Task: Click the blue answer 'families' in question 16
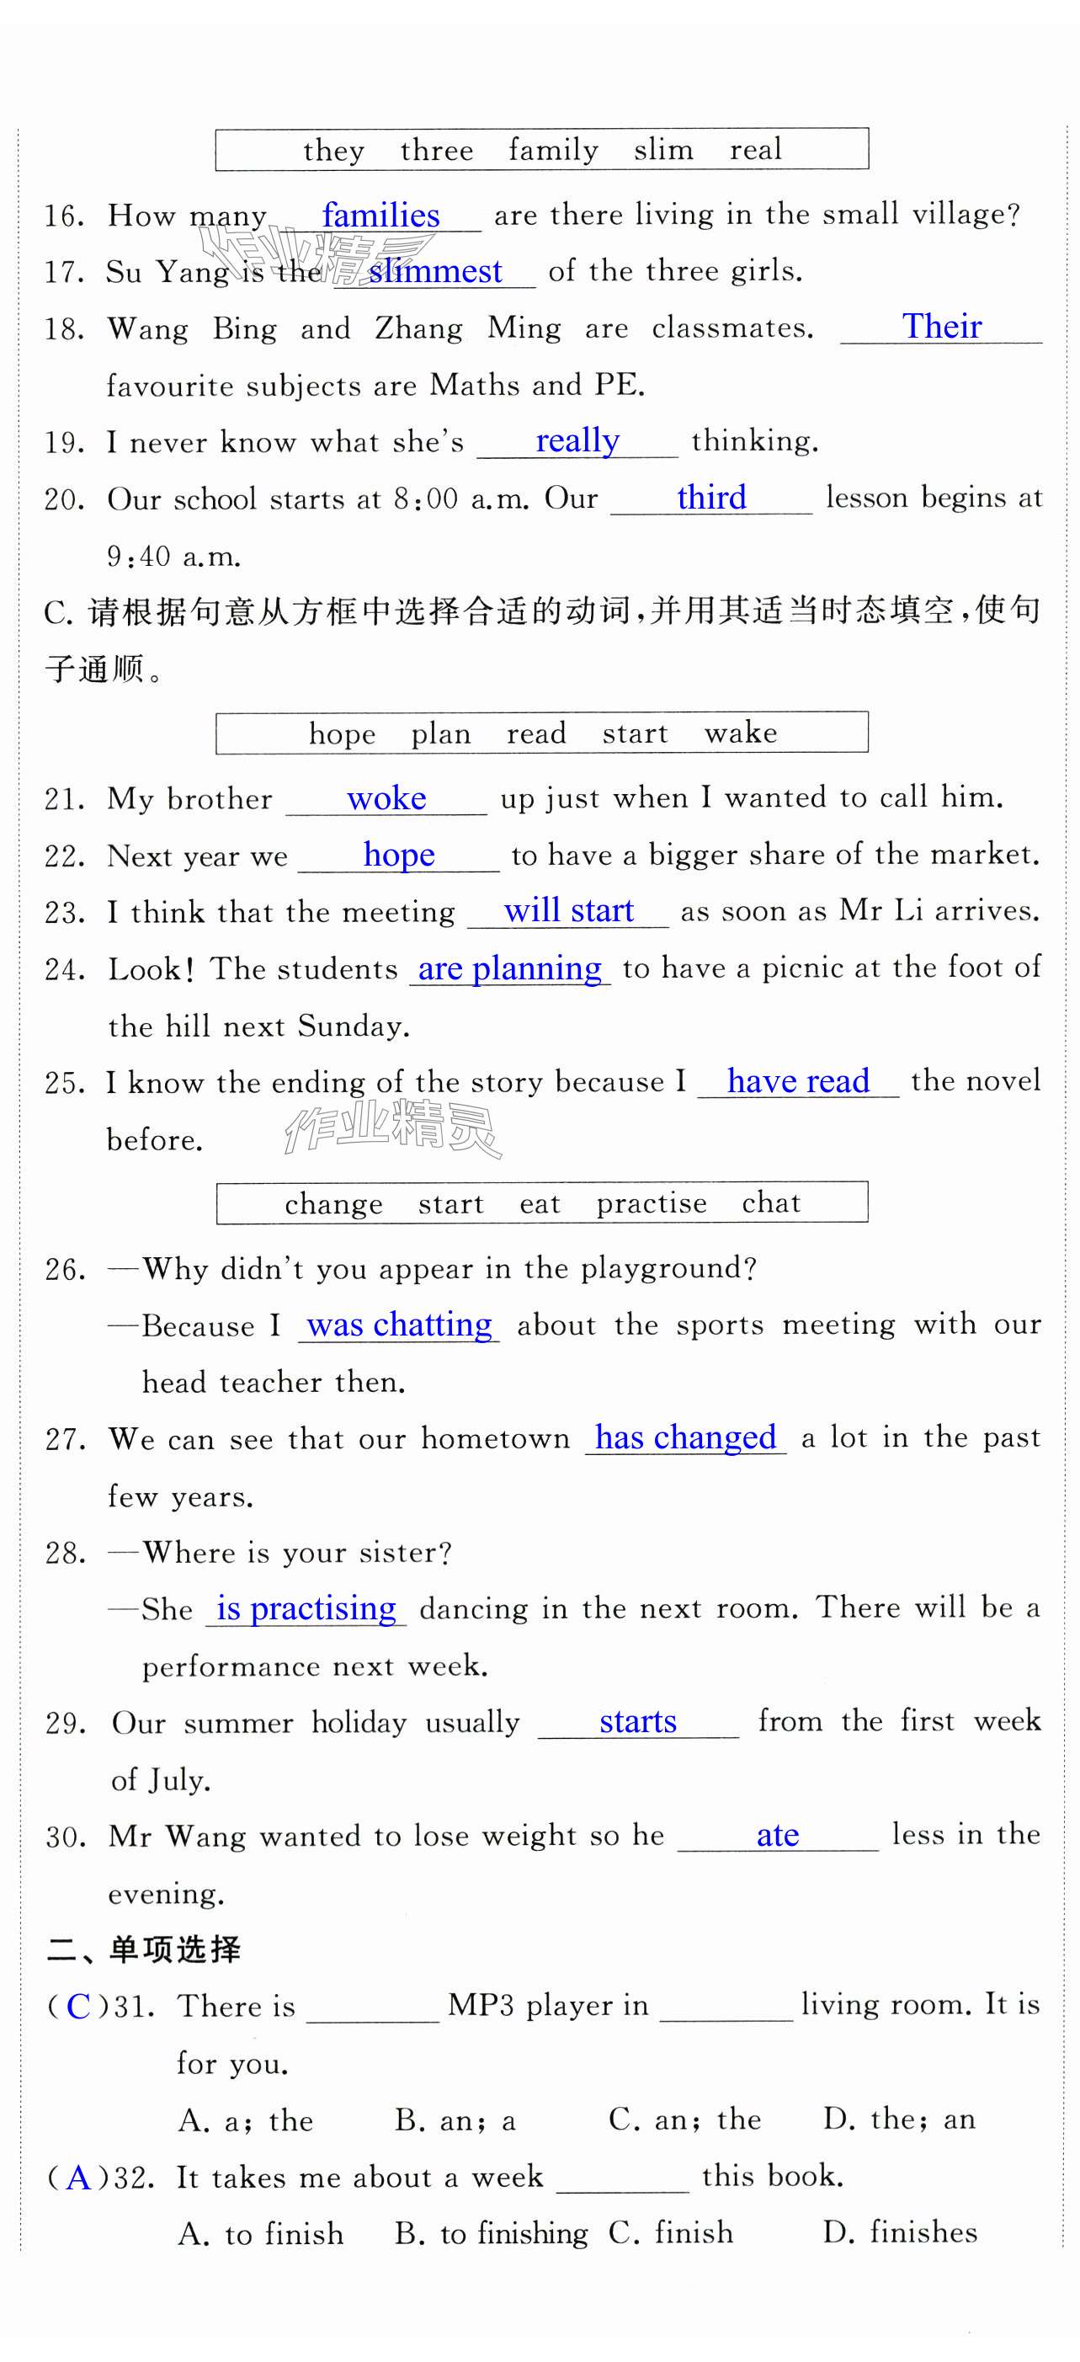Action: pyautogui.click(x=380, y=216)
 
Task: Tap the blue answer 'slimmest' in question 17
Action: pyautogui.click(x=435, y=271)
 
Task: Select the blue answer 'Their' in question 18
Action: pyautogui.click(x=942, y=327)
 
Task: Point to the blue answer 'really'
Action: pyautogui.click(x=577, y=441)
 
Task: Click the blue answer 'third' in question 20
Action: pyautogui.click(x=711, y=497)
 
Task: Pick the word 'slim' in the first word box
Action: pyautogui.click(x=664, y=149)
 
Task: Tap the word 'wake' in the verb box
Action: pyautogui.click(x=741, y=733)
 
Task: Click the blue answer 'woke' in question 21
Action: pyautogui.click(x=386, y=797)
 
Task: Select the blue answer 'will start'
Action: pyautogui.click(x=568, y=910)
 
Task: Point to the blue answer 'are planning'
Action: pyautogui.click(x=510, y=968)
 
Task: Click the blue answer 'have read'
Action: pyautogui.click(x=798, y=1081)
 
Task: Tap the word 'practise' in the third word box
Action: pyautogui.click(x=652, y=1203)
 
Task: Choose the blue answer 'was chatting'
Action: pyautogui.click(x=399, y=1325)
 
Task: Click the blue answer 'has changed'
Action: pyautogui.click(x=685, y=1437)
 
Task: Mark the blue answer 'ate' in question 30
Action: pyautogui.click(x=778, y=1835)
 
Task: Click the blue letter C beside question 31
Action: pyautogui.click(x=79, y=2007)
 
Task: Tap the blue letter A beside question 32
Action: pyautogui.click(x=79, y=2177)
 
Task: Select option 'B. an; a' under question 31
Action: pyautogui.click(x=455, y=2120)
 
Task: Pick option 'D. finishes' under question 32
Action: pyautogui.click(x=899, y=2231)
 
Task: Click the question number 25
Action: pyautogui.click(x=64, y=1083)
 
